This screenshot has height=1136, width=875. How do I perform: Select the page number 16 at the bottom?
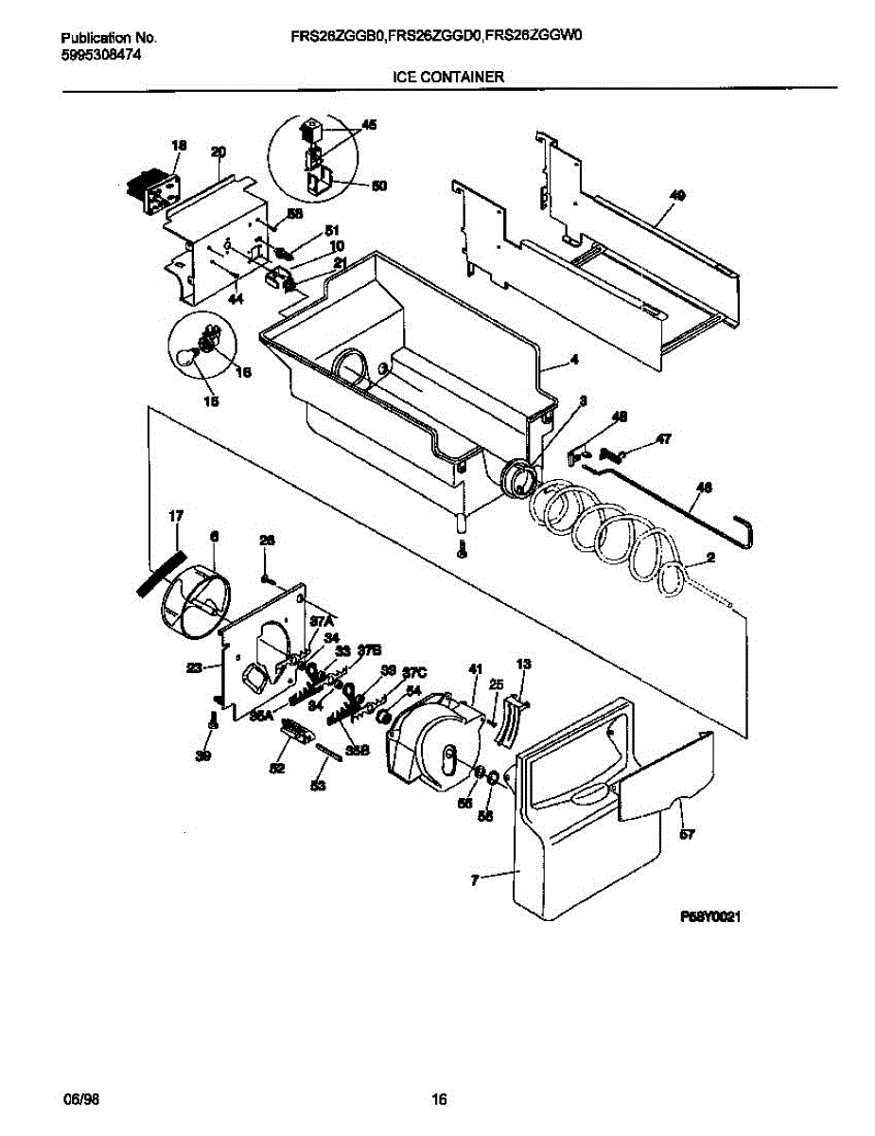[438, 1100]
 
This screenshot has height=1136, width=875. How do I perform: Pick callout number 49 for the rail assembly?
[676, 194]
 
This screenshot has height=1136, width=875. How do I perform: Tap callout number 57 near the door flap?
[688, 834]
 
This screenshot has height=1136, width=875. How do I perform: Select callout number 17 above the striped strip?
[176, 515]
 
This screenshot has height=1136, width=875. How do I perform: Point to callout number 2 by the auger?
[710, 559]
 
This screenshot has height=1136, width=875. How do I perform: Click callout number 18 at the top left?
[179, 145]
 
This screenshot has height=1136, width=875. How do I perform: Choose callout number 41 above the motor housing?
[475, 669]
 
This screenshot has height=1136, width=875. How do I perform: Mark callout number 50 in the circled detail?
[378, 186]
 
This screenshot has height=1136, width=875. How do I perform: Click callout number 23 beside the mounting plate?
[194, 668]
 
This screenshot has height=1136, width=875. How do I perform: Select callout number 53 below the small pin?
[318, 785]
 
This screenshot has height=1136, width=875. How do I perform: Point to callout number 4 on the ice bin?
[573, 360]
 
